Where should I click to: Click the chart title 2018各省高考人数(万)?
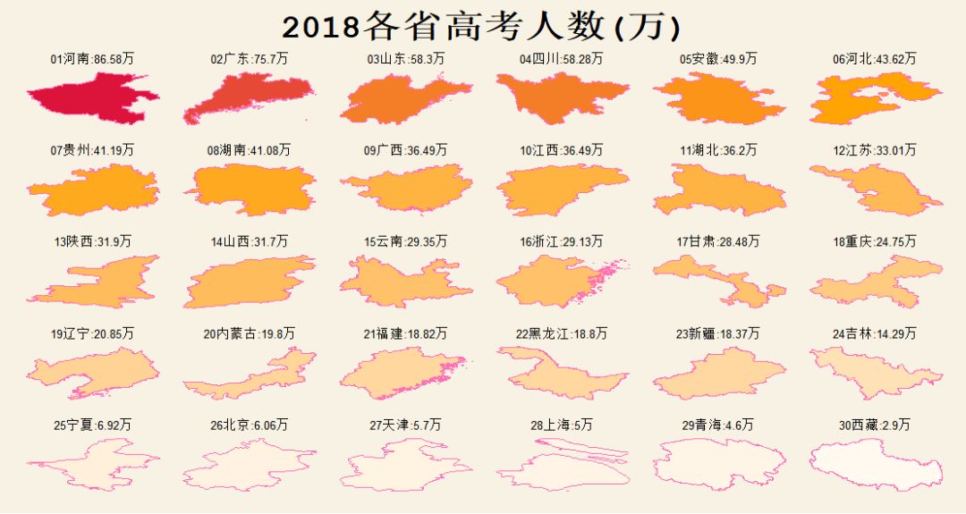pos(482,27)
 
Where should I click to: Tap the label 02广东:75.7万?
pos(250,59)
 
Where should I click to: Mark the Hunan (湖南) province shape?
pos(250,190)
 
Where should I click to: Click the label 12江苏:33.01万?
pos(875,150)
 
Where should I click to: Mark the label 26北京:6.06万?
pos(250,425)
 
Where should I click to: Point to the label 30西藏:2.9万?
pos(875,425)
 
